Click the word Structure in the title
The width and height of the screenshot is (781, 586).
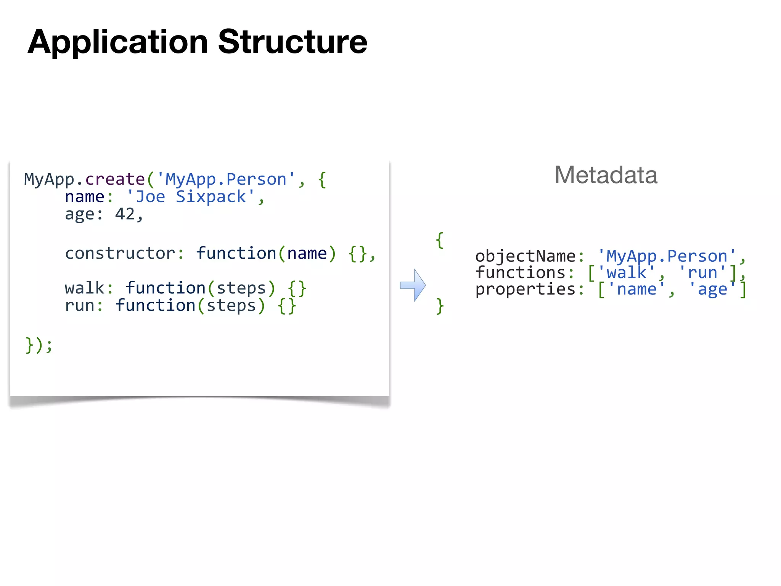[x=292, y=42]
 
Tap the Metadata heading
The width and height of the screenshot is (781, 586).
[x=606, y=175]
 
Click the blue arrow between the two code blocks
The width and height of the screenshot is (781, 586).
[x=413, y=285]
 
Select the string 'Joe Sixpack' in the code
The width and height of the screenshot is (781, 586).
[x=191, y=197]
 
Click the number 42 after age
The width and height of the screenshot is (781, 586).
[x=125, y=214]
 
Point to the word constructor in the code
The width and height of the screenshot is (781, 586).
[x=120, y=253]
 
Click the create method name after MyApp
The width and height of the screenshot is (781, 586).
[x=115, y=179]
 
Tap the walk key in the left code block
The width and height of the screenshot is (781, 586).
[x=84, y=288]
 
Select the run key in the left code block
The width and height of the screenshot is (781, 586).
[x=79, y=306]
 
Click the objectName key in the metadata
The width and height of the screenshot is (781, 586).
[x=525, y=256]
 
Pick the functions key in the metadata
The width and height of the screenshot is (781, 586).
[x=520, y=273]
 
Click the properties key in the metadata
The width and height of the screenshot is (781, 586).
[x=525, y=290]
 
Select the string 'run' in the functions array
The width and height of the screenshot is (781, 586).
[x=702, y=273]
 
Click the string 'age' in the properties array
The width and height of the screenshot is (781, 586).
[x=712, y=290]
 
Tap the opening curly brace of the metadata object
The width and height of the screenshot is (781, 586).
[x=440, y=240]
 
